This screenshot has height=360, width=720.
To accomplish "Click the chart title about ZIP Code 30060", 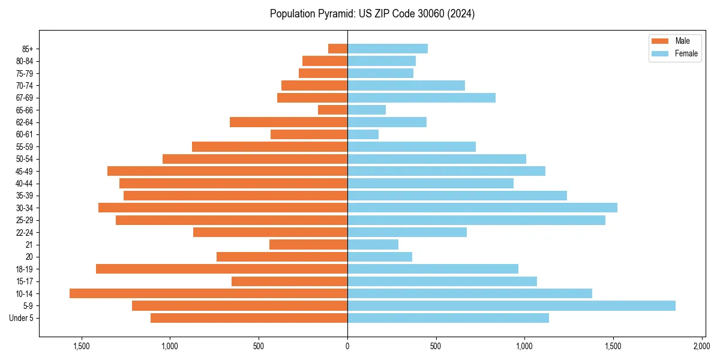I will (372, 14).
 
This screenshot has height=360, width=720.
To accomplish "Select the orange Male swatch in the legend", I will (660, 41).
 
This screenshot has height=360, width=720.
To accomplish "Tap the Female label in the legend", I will (686, 53).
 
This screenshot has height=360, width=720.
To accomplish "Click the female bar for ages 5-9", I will (511, 306).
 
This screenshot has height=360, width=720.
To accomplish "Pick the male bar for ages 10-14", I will (208, 293).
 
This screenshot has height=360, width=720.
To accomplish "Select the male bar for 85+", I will (338, 49).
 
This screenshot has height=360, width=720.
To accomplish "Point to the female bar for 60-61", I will (363, 134).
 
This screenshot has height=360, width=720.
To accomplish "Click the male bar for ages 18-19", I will (221, 269).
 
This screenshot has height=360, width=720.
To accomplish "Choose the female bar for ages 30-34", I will (482, 208).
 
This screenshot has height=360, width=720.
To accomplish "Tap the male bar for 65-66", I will (332, 110).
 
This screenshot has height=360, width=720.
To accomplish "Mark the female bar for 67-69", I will (421, 98).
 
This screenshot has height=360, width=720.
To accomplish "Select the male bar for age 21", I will (308, 244).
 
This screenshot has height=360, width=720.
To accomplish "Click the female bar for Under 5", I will (448, 318).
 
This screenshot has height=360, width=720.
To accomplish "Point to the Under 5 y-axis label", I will (22, 318).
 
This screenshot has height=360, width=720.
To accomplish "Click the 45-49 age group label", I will (25, 171).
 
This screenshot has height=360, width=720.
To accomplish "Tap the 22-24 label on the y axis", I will (25, 232).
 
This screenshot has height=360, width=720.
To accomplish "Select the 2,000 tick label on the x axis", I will (701, 346).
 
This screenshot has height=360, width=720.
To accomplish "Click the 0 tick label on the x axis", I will (347, 346).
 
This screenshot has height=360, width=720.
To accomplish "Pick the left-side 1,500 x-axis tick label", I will (82, 346).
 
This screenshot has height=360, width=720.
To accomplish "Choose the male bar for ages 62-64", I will (289, 122).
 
